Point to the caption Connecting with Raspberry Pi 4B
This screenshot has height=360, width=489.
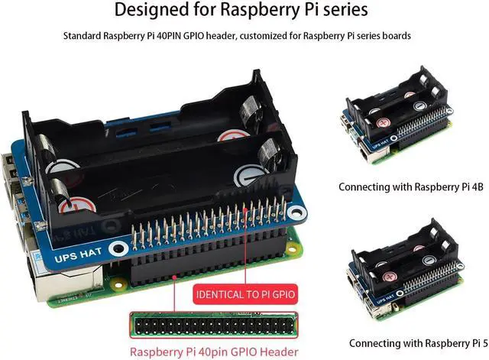409,186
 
